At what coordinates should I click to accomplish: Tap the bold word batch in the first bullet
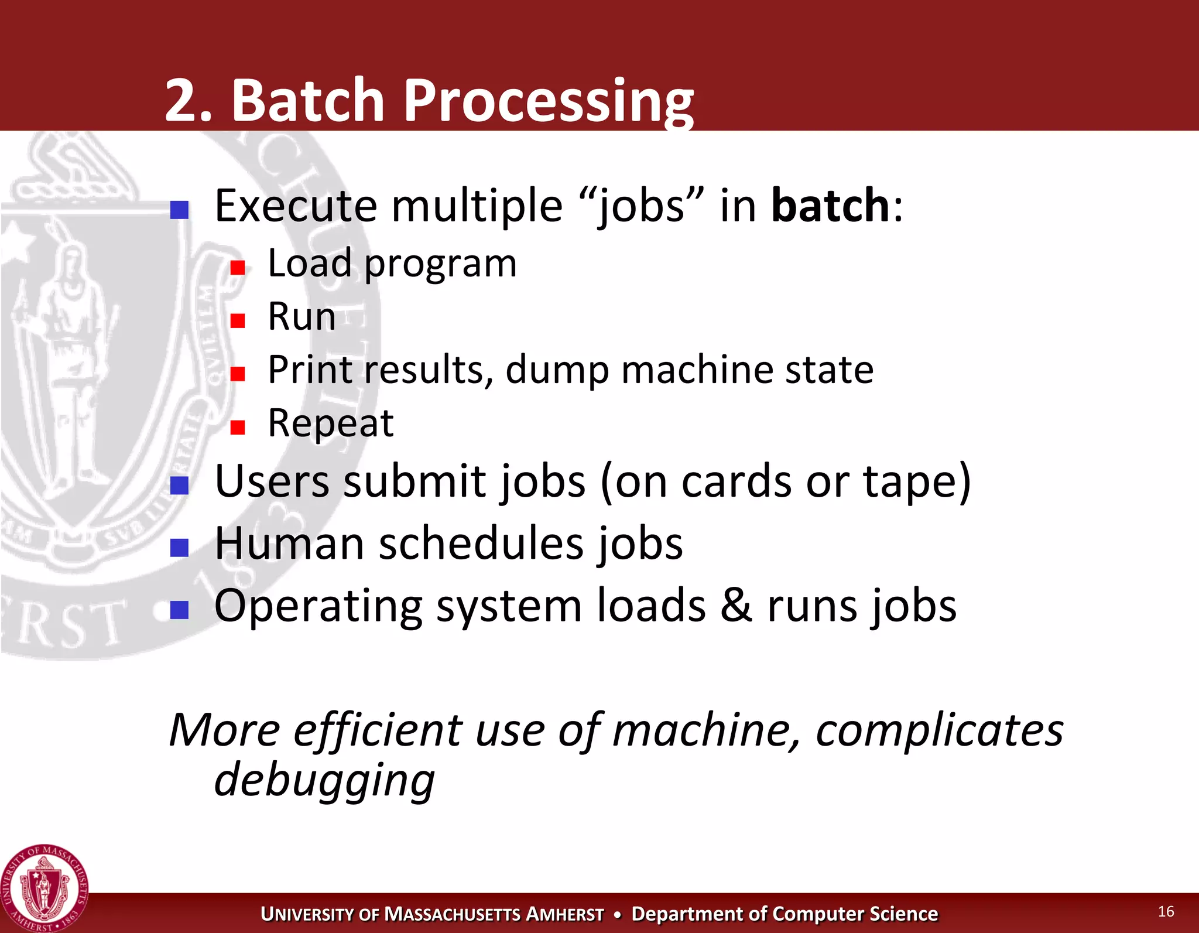831,206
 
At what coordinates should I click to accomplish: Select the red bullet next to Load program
237,268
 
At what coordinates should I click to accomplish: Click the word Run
302,317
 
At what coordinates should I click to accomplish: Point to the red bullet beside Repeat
237,428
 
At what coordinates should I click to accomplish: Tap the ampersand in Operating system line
736,606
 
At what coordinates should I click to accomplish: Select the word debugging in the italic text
324,780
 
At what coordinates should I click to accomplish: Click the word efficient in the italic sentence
378,730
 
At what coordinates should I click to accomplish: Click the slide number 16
1166,911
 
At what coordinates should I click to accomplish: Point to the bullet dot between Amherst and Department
617,915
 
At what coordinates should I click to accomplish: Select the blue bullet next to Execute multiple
179,210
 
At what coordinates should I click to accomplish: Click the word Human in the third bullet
290,544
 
